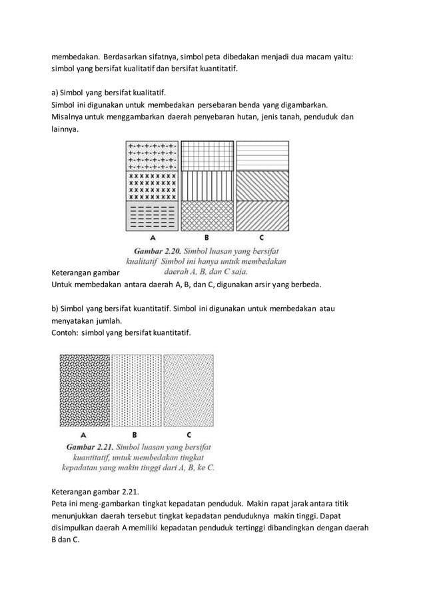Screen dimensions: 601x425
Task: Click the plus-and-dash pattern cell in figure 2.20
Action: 153,155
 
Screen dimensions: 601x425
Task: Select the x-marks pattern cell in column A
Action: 153,186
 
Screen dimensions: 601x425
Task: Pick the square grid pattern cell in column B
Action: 207,155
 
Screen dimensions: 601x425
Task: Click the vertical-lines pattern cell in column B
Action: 207,186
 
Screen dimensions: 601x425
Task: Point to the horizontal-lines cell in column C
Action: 262,155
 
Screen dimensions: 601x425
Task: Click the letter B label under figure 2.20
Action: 207,237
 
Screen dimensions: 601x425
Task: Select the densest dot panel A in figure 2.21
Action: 84,390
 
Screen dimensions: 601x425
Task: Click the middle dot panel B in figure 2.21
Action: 136,390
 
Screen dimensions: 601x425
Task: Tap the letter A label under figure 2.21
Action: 83,434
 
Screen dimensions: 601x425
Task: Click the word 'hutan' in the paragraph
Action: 254,117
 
